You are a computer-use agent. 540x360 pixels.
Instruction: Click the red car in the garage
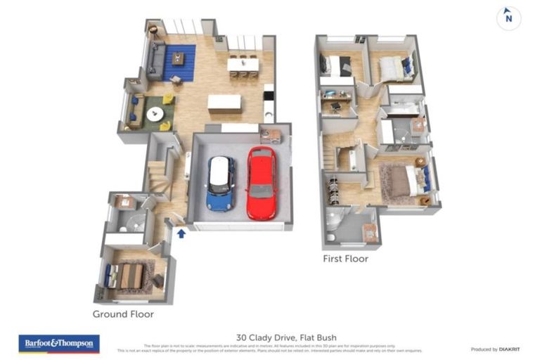click(262, 183)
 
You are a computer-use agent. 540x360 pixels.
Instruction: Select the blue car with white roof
click(221, 184)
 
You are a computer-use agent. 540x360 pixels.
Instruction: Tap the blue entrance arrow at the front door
click(181, 233)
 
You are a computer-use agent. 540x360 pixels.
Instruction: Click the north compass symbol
click(508, 18)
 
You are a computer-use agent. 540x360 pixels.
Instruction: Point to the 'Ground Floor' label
click(123, 314)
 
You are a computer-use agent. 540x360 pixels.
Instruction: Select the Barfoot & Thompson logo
click(58, 343)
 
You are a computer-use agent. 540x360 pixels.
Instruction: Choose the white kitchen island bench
click(224, 103)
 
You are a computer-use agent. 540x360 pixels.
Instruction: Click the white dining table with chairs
click(243, 65)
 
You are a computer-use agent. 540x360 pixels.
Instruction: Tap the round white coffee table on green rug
click(155, 113)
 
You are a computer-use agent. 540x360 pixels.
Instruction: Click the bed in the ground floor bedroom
click(131, 276)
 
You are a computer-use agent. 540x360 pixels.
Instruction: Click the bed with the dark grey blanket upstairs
click(341, 66)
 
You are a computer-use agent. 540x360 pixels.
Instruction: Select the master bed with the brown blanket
click(404, 181)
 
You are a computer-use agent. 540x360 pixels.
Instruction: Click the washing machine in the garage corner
click(270, 135)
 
